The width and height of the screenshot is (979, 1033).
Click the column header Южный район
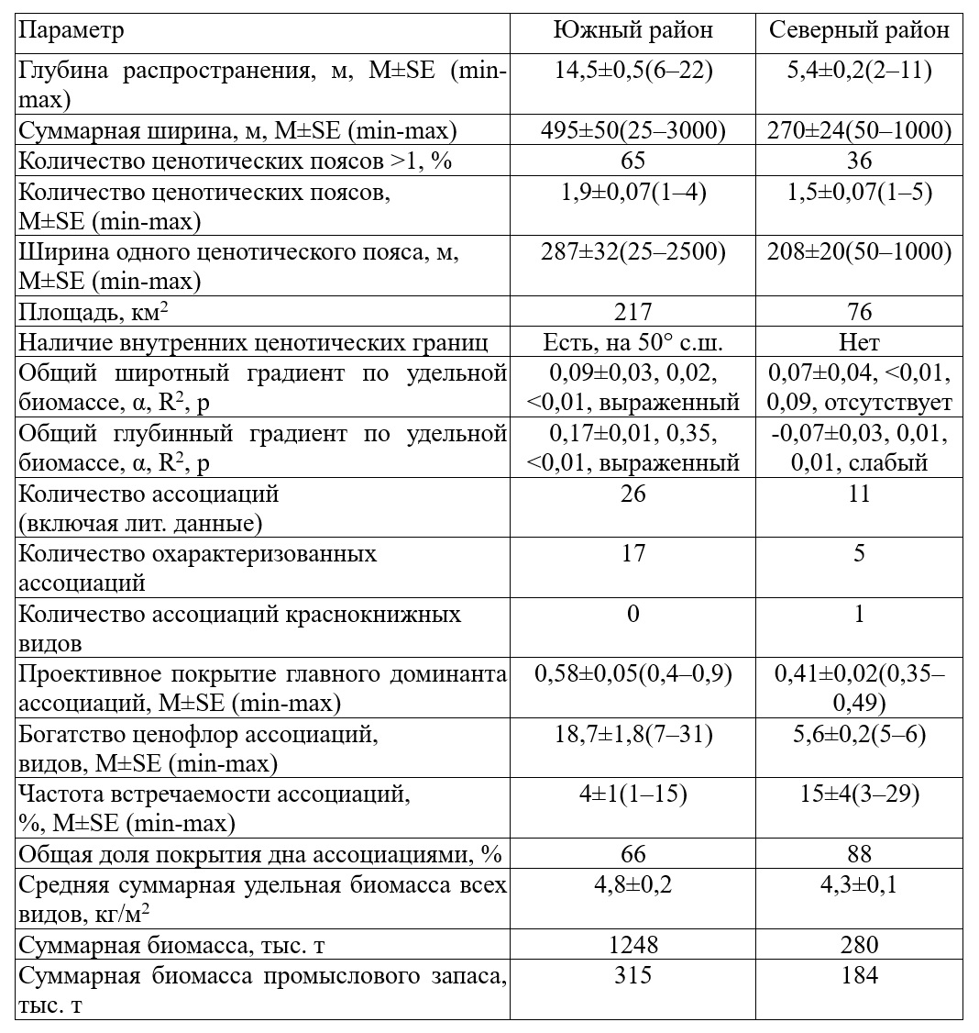coord(632,31)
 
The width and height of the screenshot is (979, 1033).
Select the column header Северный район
coord(859,31)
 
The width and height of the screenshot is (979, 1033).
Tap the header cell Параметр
coord(71,31)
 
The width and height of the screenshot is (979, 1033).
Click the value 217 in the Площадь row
coord(632,311)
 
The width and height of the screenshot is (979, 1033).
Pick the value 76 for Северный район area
coord(859,311)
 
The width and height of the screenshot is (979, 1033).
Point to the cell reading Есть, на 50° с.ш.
coord(632,342)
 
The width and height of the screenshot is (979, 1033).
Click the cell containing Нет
coord(859,342)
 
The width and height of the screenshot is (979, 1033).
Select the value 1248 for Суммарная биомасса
coord(632,944)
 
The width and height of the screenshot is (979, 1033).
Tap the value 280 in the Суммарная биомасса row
coord(859,944)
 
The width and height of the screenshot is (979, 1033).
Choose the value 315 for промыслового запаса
coord(632,975)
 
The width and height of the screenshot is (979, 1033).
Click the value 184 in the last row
coord(859,975)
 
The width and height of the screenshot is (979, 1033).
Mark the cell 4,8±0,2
coord(632,885)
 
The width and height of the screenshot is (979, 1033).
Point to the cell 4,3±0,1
coord(859,885)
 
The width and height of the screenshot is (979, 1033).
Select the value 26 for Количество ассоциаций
coord(632,494)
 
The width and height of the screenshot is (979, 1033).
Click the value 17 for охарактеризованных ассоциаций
coord(632,553)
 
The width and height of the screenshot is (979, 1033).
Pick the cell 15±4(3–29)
coord(859,794)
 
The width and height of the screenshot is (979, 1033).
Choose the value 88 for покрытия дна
coord(859,854)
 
